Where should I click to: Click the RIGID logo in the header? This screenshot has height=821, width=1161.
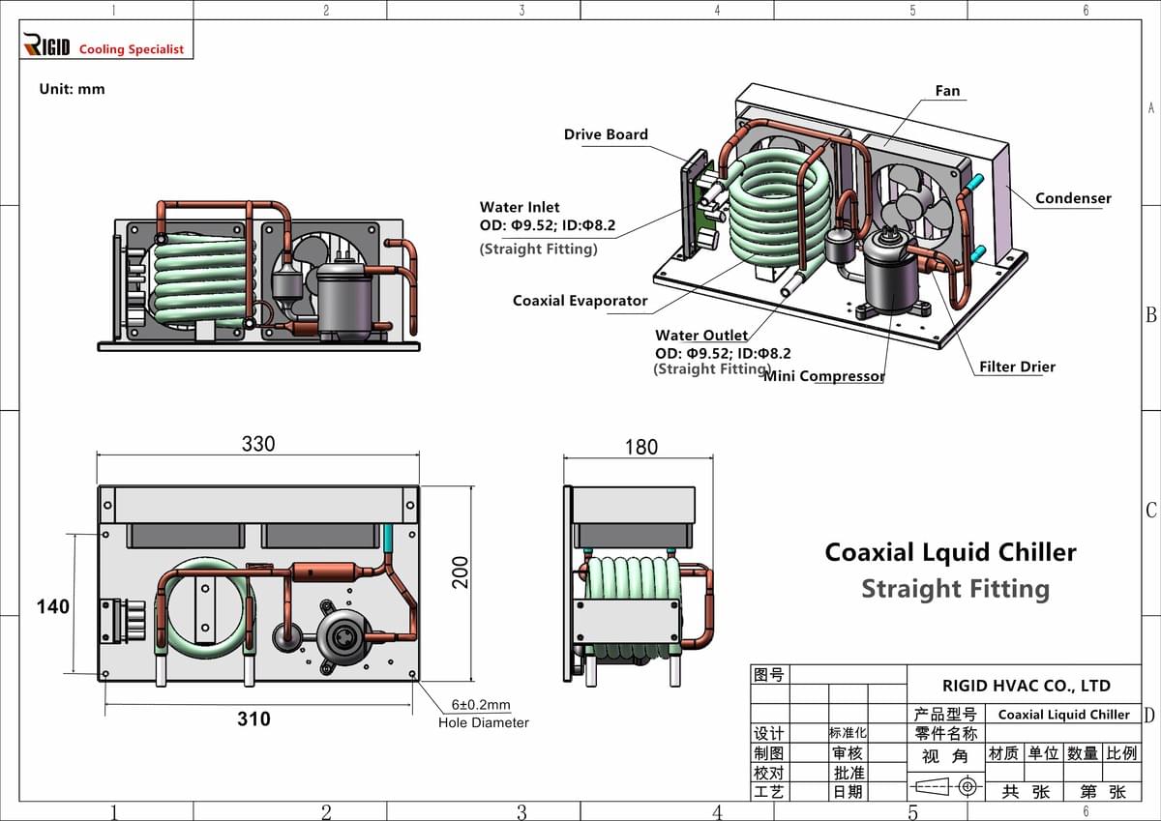46,45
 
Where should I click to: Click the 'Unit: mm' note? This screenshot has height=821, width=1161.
72,89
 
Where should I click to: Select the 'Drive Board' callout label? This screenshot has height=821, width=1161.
606,134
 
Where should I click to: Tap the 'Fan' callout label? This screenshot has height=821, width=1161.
947,91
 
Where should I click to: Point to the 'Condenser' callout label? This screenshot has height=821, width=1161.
1073,198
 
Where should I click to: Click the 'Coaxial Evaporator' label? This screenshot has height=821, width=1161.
580,301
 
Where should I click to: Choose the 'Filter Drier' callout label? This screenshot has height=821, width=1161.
1017,367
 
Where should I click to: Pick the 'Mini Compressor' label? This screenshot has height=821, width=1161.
823,376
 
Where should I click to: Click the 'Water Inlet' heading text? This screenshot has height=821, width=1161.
520,207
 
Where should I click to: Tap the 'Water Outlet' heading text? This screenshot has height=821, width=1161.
701,336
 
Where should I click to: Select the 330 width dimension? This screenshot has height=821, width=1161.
257,444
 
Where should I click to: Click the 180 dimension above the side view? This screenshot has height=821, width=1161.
640,447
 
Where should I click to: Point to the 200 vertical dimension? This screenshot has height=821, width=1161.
461,571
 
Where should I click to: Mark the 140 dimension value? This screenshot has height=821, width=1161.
53,606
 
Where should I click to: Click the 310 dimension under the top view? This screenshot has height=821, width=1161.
254,718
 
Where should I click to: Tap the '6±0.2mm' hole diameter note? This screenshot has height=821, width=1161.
481,705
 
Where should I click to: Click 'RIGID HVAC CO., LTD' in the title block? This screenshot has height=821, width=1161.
1026,686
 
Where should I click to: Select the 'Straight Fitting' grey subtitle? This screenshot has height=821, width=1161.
955,589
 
